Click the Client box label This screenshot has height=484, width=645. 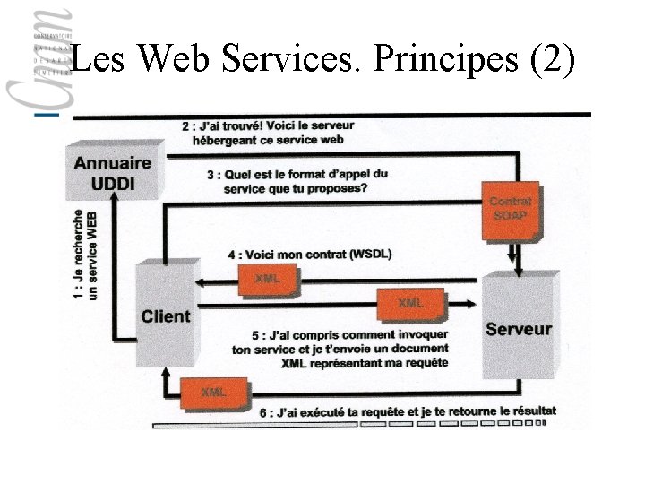(x=166, y=315)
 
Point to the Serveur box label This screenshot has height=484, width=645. (x=519, y=329)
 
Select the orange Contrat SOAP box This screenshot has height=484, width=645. (x=511, y=210)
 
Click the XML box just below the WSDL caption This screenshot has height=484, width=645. (x=267, y=279)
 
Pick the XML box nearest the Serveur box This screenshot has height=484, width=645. (x=410, y=304)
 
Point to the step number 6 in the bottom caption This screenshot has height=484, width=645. (x=262, y=412)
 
